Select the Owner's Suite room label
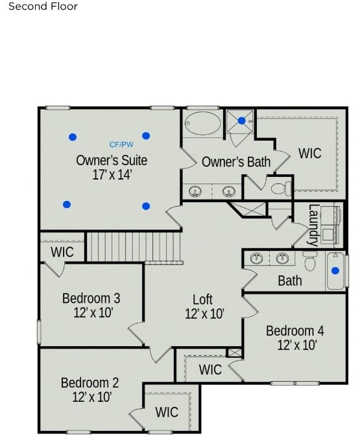112,160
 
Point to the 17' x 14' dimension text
112,174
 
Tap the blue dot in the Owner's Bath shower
241,121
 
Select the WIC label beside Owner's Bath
309,154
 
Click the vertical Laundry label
313,225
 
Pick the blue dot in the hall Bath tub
335,271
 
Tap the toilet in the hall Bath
309,261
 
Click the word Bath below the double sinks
289,281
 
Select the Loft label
202,299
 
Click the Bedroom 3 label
91,299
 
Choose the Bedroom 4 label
294,331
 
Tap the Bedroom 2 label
90,382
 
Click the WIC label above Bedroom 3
62,251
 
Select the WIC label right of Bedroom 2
167,412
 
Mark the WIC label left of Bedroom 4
210,369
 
